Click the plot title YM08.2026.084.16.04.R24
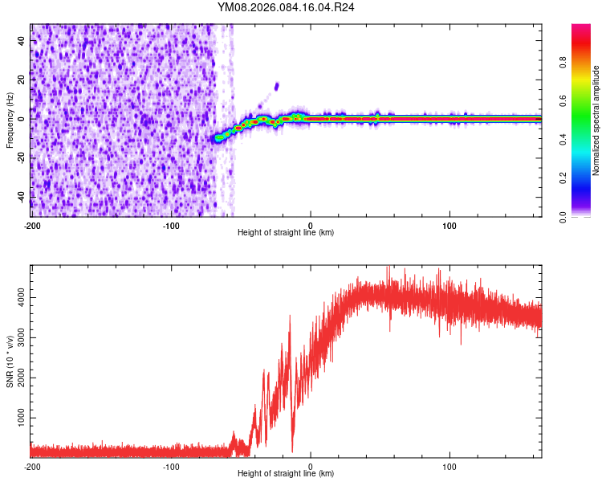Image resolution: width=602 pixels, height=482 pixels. click(286, 7)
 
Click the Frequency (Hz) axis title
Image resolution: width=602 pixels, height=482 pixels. click(10, 120)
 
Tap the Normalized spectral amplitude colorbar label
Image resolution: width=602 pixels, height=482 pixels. click(596, 120)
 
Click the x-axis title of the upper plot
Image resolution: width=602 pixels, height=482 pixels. click(286, 232)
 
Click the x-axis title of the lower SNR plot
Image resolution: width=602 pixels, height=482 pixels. click(286, 473)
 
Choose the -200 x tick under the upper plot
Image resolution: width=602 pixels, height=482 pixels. click(32, 224)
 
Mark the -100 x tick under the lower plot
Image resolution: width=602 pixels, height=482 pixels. click(171, 465)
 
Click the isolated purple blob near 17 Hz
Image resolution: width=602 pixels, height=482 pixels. click(276, 86)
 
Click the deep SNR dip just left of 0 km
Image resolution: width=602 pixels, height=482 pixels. click(292, 448)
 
